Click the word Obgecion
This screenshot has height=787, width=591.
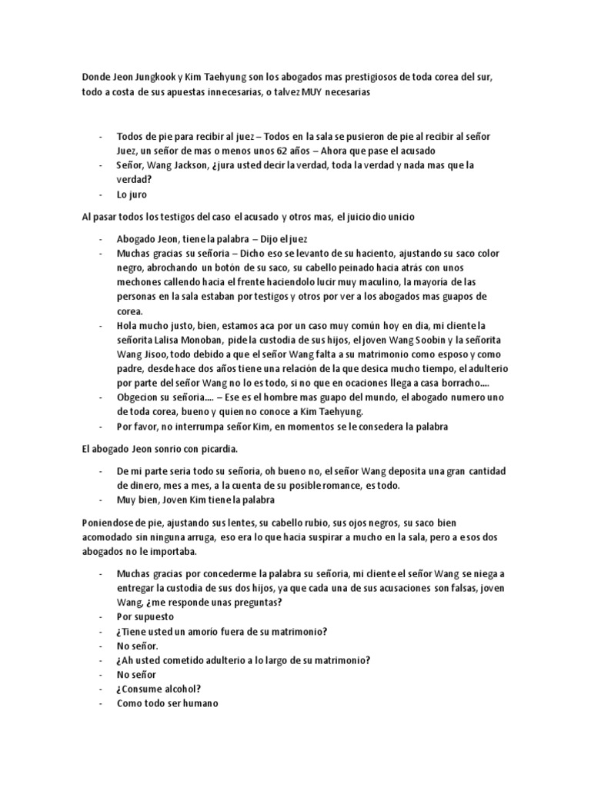[x=141, y=397]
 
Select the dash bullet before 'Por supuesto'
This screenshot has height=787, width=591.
[x=101, y=616]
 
